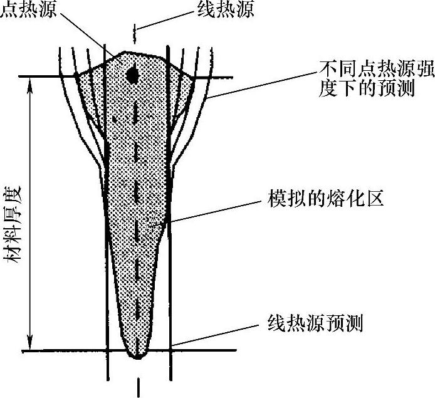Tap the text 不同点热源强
point(364,66)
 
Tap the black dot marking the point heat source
point(132,75)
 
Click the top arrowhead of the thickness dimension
point(26,84)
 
